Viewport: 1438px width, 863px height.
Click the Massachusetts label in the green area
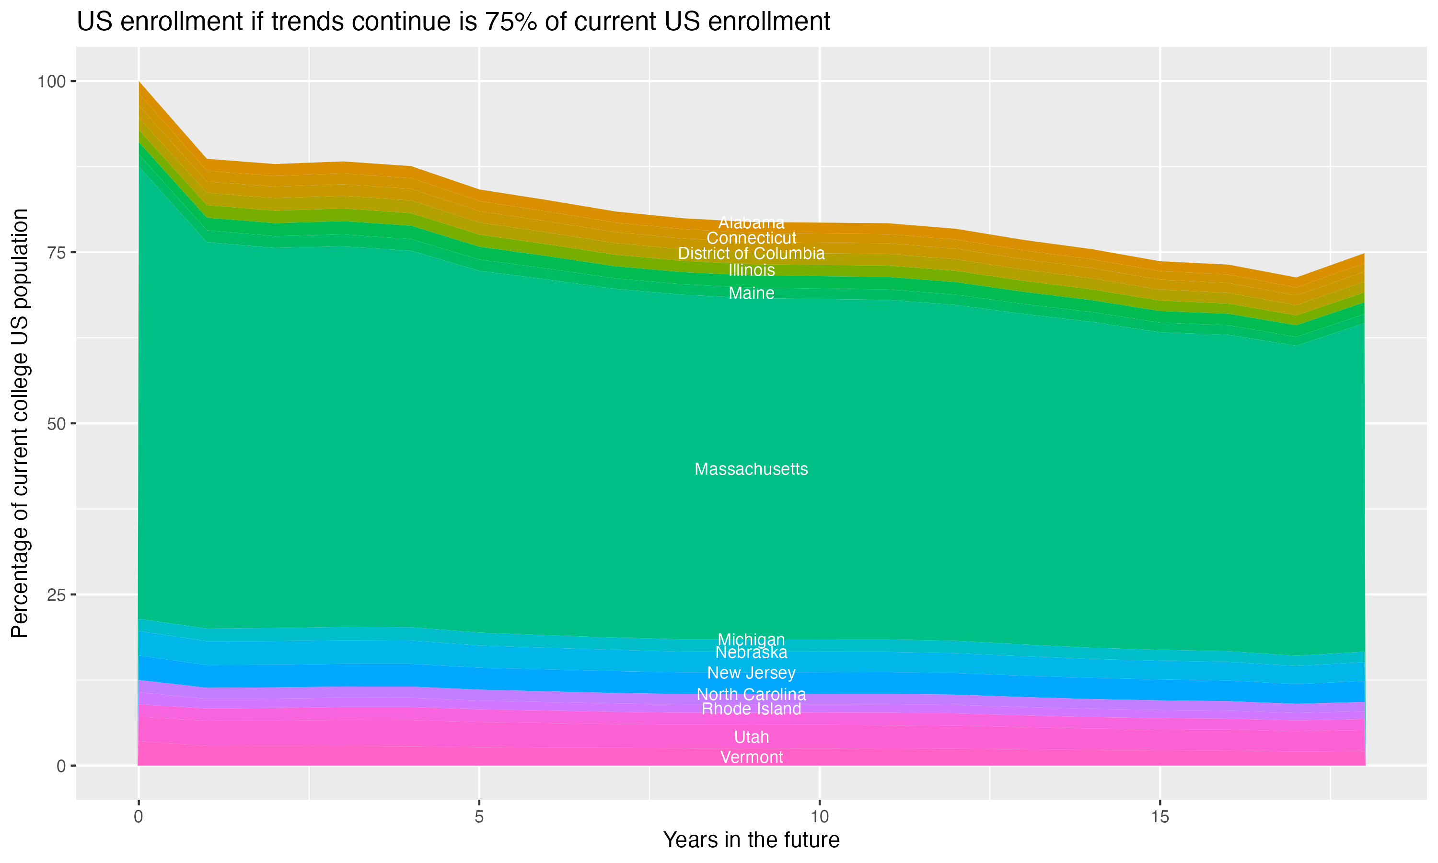pyautogui.click(x=751, y=469)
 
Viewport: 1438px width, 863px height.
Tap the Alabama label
pyautogui.click(x=751, y=223)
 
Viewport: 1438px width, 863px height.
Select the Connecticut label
pyautogui.click(x=751, y=238)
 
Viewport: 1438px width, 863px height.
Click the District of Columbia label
pyautogui.click(x=751, y=254)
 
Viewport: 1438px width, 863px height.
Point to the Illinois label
pyautogui.click(x=751, y=270)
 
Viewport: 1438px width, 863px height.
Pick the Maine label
pyautogui.click(x=751, y=293)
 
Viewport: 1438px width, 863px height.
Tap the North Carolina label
pyautogui.click(x=751, y=694)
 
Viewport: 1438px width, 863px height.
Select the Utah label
pyautogui.click(x=751, y=737)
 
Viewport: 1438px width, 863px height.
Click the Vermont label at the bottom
pyautogui.click(x=751, y=757)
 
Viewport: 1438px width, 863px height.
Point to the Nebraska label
pyautogui.click(x=751, y=653)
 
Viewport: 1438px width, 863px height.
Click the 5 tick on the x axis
pyautogui.click(x=479, y=817)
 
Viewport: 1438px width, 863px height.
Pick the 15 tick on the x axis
pyautogui.click(x=1160, y=817)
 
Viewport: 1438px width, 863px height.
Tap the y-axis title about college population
pyautogui.click(x=20, y=423)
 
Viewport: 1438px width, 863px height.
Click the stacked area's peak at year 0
pyautogui.click(x=139, y=82)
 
